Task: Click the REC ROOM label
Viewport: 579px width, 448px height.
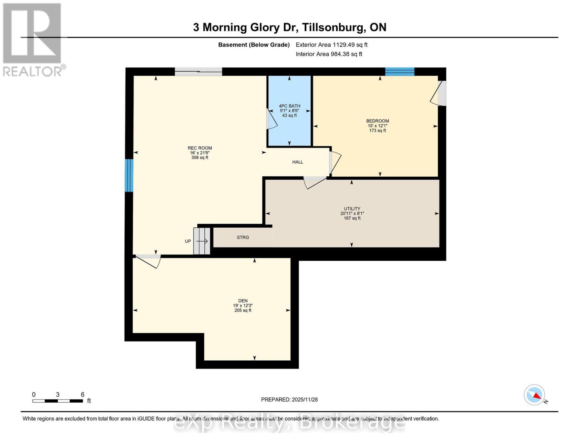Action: (x=199, y=148)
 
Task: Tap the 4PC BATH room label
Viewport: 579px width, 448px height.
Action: (x=289, y=106)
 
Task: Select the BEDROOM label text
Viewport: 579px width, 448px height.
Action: (x=377, y=121)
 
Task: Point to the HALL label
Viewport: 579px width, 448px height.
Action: (x=298, y=162)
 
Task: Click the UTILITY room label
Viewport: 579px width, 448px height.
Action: (x=352, y=209)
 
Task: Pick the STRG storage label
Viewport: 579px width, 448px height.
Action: (x=243, y=237)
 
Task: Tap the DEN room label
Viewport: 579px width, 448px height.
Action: (x=243, y=301)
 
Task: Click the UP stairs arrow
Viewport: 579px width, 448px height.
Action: (x=202, y=241)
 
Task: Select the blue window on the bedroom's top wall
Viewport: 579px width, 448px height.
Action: (x=400, y=72)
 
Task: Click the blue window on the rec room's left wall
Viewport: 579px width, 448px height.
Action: (x=129, y=175)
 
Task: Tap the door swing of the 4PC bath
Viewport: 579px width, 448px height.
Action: (x=272, y=119)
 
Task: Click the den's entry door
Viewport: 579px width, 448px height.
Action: (x=148, y=261)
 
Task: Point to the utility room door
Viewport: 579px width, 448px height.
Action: (x=315, y=182)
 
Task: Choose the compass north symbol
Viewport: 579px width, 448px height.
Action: (x=535, y=395)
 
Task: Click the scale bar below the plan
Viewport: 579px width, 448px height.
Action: (x=57, y=401)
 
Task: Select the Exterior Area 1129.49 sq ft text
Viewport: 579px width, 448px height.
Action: (x=331, y=45)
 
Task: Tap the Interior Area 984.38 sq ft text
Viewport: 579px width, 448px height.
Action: (x=329, y=54)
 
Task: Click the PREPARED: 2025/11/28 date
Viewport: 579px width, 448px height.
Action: (x=289, y=399)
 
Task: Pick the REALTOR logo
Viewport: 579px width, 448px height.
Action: (x=32, y=39)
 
